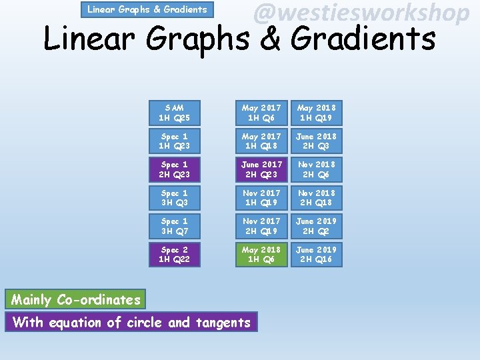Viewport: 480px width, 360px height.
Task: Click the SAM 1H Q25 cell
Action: [174, 113]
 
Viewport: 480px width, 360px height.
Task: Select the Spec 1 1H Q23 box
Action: [174, 141]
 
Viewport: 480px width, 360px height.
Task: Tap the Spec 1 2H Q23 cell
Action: [174, 169]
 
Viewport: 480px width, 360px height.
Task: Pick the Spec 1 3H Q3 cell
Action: [174, 198]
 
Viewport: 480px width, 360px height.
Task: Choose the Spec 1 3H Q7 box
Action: [174, 226]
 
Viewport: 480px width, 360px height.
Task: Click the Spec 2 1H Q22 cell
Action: [174, 255]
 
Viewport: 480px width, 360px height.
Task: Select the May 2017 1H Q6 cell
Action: [261, 113]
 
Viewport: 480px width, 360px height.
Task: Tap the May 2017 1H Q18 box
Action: [261, 141]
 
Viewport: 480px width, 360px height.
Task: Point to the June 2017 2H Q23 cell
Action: [261, 169]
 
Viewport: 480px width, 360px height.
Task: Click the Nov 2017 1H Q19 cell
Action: [261, 198]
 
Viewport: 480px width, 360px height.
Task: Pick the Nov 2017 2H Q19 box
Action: [261, 226]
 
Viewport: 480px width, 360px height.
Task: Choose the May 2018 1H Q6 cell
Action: [261, 255]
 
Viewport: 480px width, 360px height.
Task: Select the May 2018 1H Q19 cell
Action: [317, 113]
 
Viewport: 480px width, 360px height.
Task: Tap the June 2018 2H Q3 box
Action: [317, 141]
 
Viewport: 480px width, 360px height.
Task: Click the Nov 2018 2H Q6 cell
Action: [317, 169]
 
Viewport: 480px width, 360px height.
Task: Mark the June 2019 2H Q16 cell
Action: [317, 255]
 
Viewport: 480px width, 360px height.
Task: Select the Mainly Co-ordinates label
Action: [76, 300]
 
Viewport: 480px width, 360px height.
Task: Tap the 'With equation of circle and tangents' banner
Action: [131, 323]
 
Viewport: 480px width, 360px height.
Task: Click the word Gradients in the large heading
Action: [363, 39]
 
